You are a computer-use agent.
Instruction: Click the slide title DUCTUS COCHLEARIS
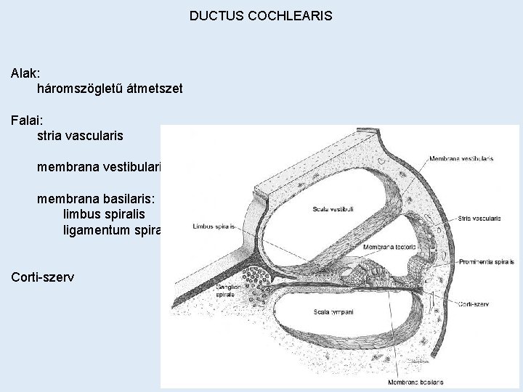261,15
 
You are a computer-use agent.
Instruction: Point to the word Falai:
27,119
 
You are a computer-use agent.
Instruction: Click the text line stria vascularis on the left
80,135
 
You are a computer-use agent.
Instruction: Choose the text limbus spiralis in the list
104,215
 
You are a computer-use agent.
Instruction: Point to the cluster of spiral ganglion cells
256,280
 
